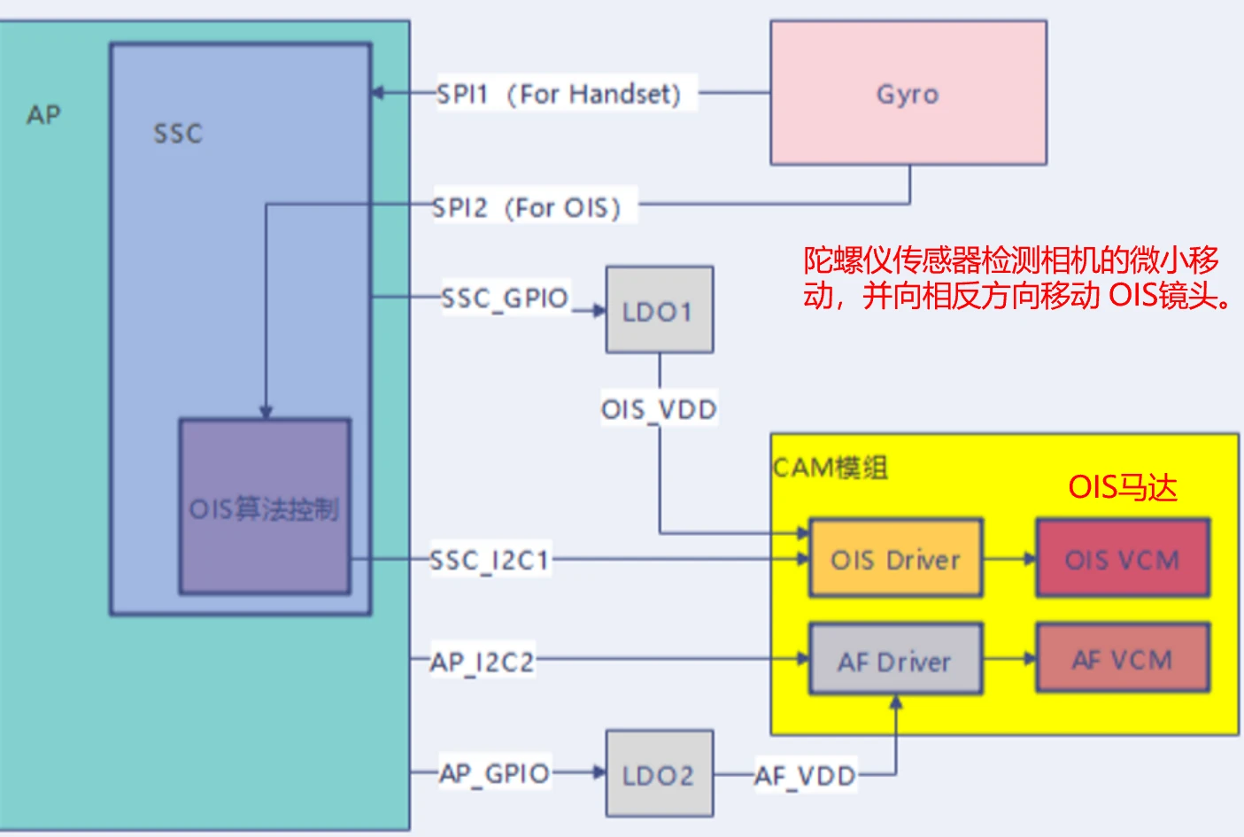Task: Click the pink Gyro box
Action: tap(908, 93)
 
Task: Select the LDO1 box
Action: tap(659, 310)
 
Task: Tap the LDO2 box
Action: tap(659, 774)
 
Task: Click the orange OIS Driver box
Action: tap(895, 559)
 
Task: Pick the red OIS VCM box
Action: tap(1122, 559)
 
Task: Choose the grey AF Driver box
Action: tap(895, 660)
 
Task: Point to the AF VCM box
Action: tap(1122, 659)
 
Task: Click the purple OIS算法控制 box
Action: tap(265, 507)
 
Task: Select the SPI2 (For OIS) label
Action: tap(528, 207)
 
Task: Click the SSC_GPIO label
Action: tap(505, 298)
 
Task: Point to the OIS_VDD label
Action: tap(659, 409)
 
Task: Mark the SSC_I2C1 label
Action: tap(490, 560)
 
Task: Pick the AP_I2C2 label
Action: tap(483, 662)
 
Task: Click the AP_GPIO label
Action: tap(495, 773)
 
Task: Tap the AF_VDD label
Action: tap(805, 776)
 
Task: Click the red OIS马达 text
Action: tap(1122, 487)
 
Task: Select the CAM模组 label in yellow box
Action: tap(830, 467)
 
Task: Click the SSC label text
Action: tap(178, 134)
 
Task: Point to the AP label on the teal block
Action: tap(43, 115)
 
